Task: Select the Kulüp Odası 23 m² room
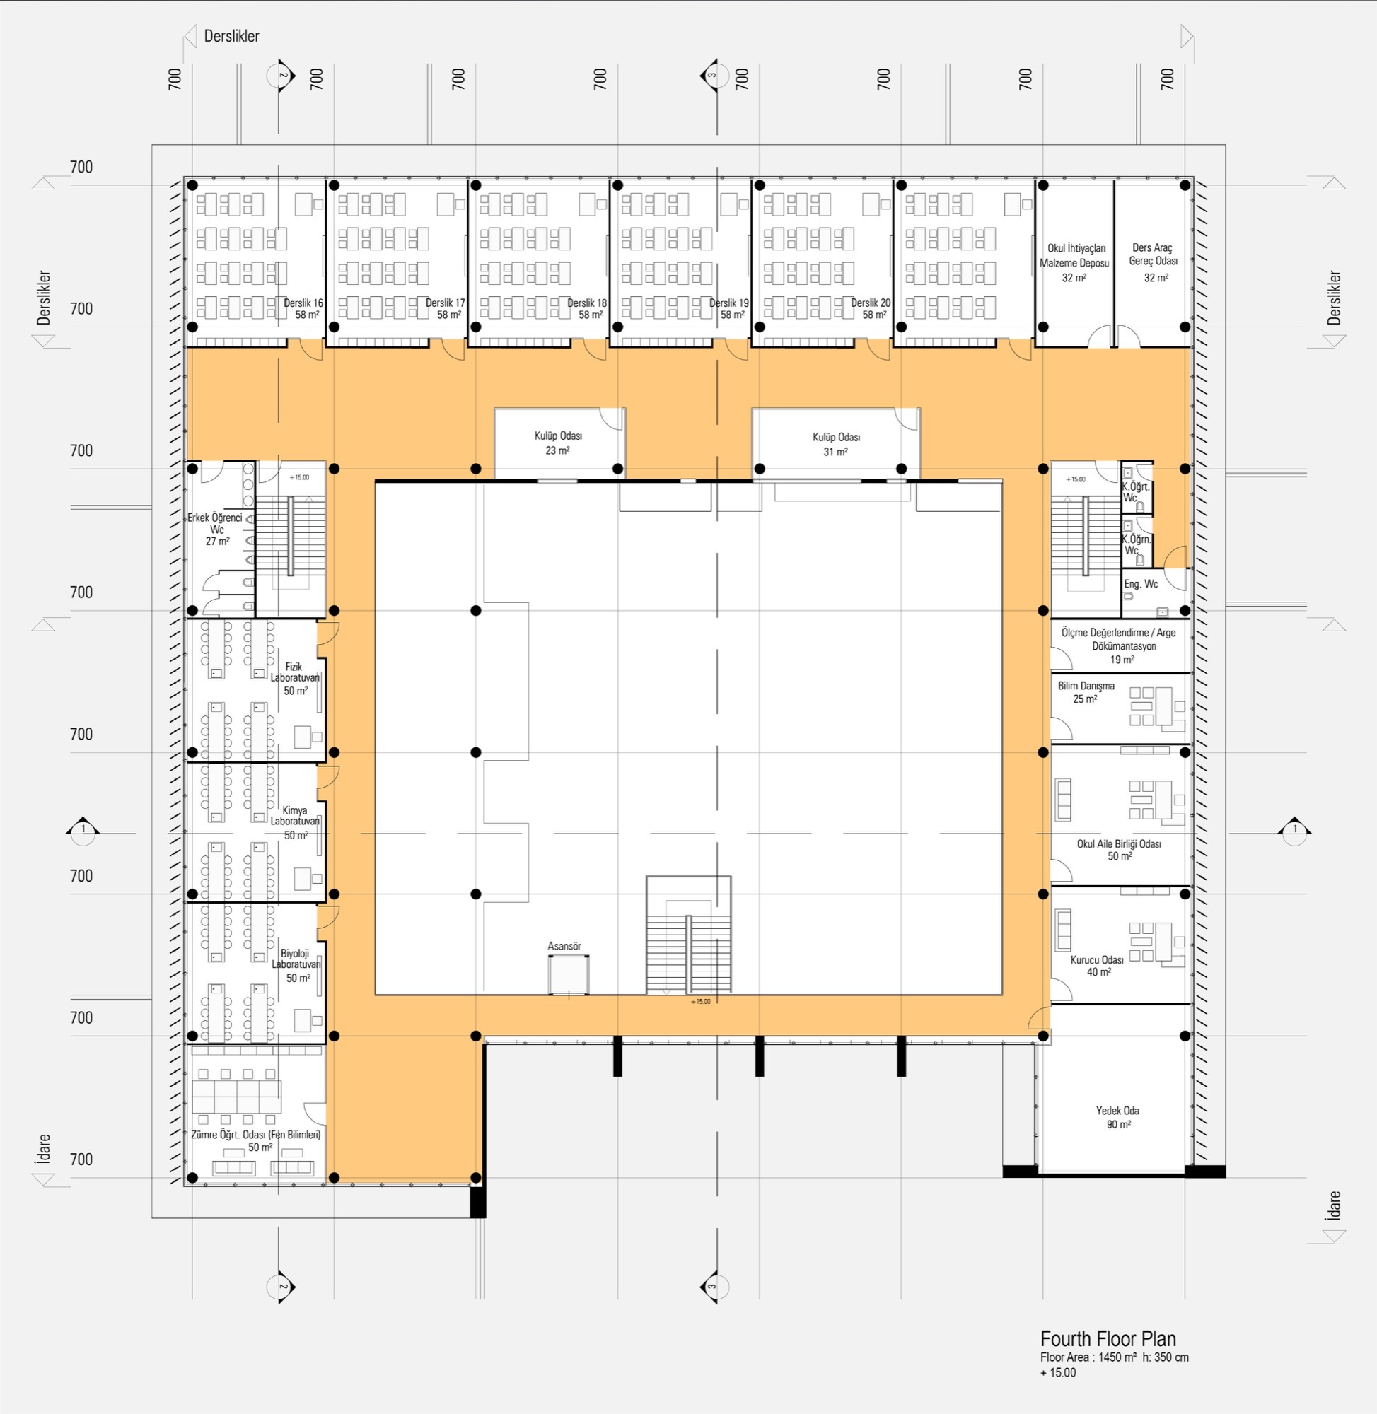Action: tap(557, 443)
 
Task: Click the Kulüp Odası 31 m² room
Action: tap(836, 444)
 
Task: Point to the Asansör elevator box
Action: tap(569, 974)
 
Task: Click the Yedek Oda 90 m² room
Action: tap(1117, 1117)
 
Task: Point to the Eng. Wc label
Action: tap(1141, 584)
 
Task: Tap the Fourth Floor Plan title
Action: tap(1108, 1338)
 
